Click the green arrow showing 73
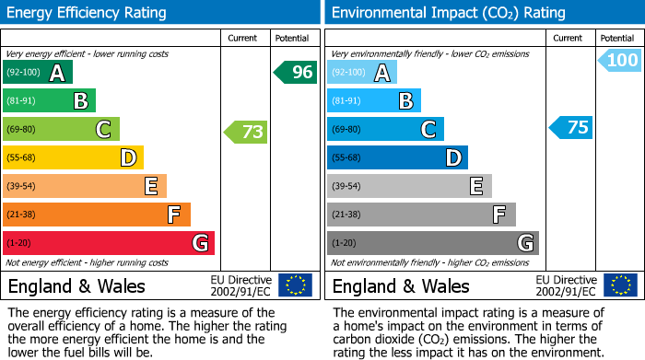tap(246, 132)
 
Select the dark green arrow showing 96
tap(295, 72)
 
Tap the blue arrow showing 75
tap(570, 127)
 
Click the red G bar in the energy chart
tap(108, 243)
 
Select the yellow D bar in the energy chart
tap(73, 157)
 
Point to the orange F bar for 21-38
tap(96, 215)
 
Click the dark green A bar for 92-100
tap(37, 73)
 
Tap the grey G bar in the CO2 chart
tap(432, 243)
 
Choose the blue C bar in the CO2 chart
tap(384, 129)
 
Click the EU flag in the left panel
tap(295, 285)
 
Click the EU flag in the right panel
tap(621, 285)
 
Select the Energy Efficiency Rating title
tap(88, 13)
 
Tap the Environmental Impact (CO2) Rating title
tap(448, 13)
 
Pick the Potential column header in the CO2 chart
tap(616, 38)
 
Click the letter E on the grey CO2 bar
tap(475, 186)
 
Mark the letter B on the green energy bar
tap(80, 101)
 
